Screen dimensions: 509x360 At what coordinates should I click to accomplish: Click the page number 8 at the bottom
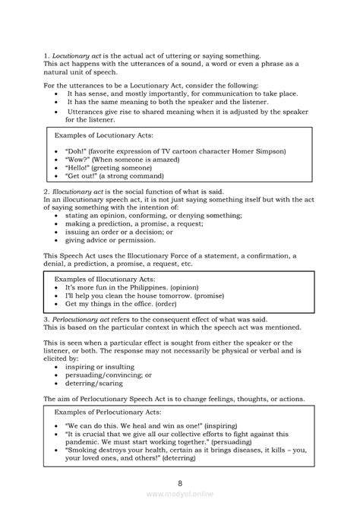179,483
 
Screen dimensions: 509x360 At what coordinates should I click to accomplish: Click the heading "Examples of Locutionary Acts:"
104,134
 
